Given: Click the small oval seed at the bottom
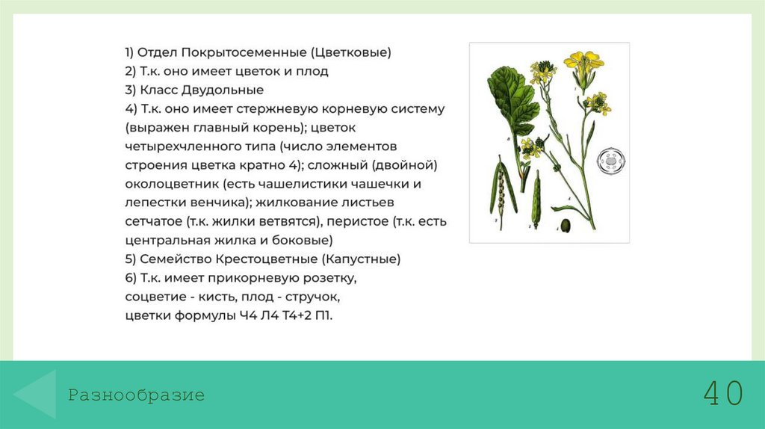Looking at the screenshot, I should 566,225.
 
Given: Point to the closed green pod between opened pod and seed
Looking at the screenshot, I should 536,199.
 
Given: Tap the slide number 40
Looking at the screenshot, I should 722,393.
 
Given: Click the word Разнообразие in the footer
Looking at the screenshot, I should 136,395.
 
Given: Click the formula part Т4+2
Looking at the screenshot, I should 291,315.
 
